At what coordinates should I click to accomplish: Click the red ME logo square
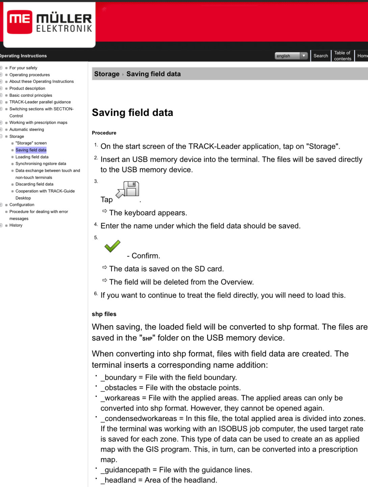[20, 22]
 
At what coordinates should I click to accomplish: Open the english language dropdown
[291, 56]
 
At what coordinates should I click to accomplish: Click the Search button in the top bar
[320, 56]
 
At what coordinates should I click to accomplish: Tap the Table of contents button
[342, 56]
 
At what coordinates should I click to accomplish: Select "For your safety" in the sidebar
[23, 68]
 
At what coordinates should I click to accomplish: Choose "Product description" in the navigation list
[27, 89]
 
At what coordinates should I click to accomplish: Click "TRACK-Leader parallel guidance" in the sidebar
[40, 102]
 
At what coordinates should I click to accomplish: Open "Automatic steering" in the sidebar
[27, 130]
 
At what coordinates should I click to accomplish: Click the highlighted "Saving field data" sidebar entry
[31, 150]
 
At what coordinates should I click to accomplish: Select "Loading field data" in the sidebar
[32, 157]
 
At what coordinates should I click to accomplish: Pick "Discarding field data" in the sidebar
[34, 184]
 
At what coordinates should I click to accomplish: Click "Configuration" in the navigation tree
[22, 205]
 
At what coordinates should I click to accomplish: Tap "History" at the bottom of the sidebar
[16, 225]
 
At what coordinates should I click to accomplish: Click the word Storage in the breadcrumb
[106, 74]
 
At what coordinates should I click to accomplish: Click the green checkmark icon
[113, 246]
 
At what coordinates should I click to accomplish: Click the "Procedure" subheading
[104, 133]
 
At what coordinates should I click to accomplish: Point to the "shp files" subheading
[104, 314]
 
